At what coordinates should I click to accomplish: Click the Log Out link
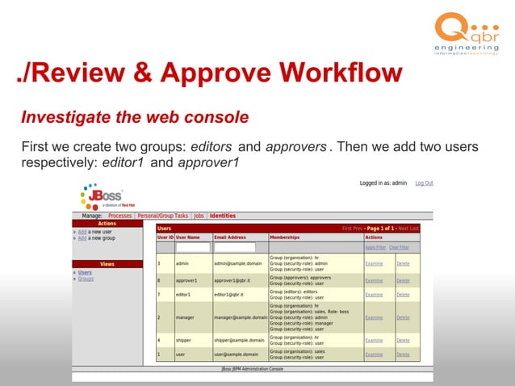[424, 183]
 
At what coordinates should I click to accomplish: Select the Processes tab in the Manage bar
[119, 216]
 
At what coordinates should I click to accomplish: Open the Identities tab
[222, 216]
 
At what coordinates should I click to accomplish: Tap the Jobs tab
[199, 216]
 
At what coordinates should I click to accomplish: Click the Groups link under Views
[85, 279]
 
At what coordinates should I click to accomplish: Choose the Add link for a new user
[82, 232]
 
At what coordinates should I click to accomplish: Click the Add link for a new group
[82, 238]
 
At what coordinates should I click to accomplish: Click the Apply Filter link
[375, 247]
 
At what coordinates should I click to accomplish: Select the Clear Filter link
[399, 247]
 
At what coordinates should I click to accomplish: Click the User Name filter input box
[193, 247]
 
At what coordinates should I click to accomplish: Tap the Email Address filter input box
[234, 247]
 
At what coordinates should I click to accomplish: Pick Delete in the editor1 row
[403, 295]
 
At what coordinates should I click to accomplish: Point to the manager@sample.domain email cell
[240, 317]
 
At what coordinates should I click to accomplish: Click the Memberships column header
[284, 237]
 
